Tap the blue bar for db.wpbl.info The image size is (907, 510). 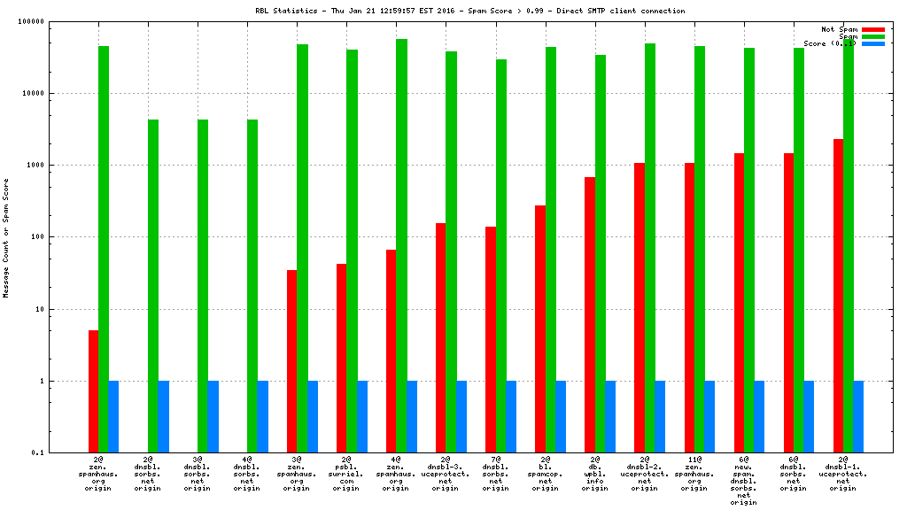(610, 416)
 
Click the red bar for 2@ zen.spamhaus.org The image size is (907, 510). (93, 390)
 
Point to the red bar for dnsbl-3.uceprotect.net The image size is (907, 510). (440, 337)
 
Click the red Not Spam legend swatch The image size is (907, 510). (872, 29)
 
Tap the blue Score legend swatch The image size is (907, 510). (872, 43)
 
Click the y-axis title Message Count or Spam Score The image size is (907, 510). (6, 237)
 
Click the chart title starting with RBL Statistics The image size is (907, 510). (469, 11)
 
